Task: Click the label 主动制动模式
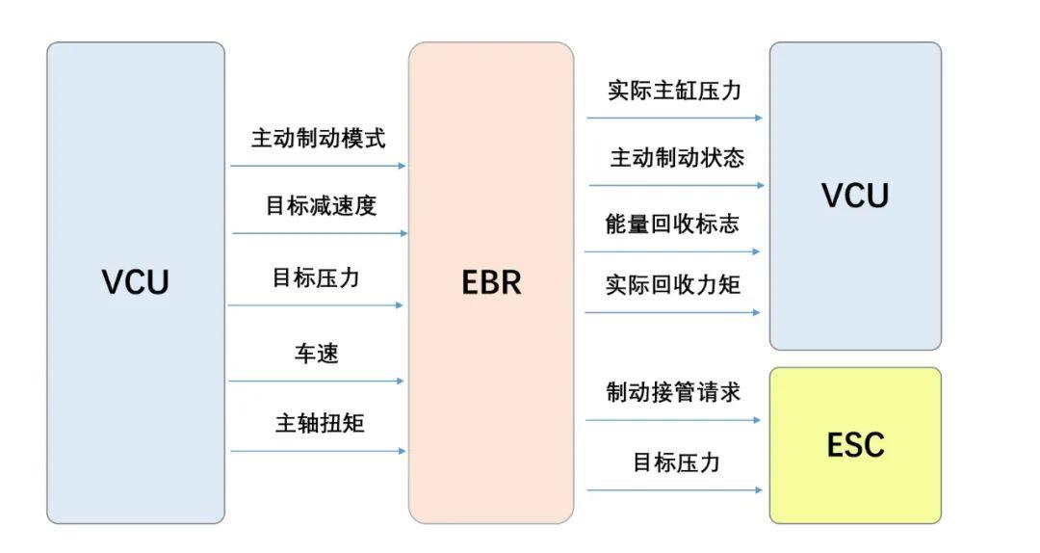click(x=318, y=138)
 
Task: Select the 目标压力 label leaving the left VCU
click(x=316, y=277)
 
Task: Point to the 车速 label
click(x=317, y=353)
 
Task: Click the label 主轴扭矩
click(x=320, y=422)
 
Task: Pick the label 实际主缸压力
click(x=674, y=91)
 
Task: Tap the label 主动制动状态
click(x=677, y=157)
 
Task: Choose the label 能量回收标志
click(x=672, y=224)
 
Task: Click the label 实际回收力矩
click(x=673, y=284)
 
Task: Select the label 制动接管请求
click(x=673, y=392)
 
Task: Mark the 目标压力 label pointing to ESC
click(x=676, y=462)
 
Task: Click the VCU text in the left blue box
click(x=135, y=282)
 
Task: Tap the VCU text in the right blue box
click(x=855, y=196)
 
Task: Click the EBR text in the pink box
click(x=491, y=282)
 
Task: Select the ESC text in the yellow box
click(x=855, y=445)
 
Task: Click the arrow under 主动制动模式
click(x=318, y=166)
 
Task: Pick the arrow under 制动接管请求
click(x=673, y=420)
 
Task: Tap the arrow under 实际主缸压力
click(x=674, y=118)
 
